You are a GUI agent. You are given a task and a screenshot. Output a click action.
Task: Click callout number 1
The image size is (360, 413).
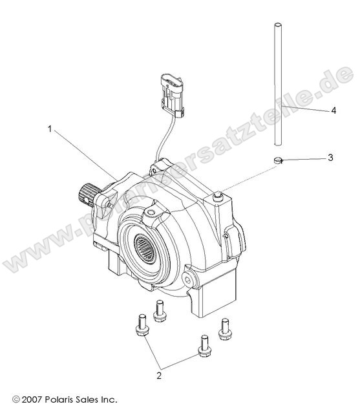click(50, 128)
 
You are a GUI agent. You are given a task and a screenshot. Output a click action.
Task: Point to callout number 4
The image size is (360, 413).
click(334, 111)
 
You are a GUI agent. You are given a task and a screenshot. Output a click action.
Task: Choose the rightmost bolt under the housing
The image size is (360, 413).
click(225, 328)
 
